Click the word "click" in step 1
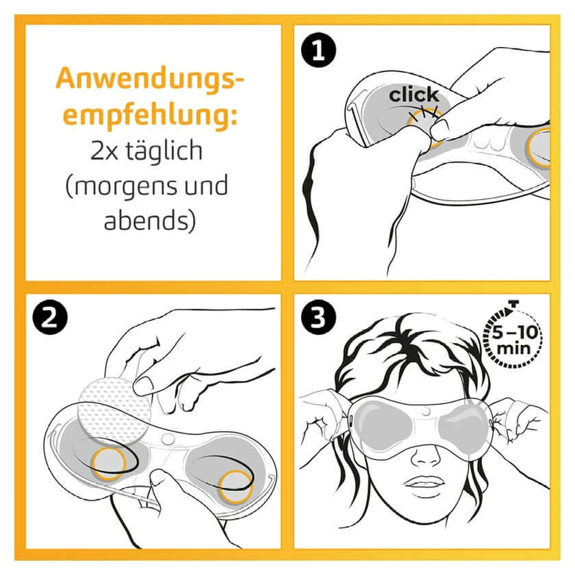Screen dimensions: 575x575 [413, 95]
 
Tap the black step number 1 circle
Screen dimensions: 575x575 [319, 50]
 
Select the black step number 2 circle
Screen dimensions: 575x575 [50, 317]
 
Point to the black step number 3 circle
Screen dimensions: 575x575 [319, 317]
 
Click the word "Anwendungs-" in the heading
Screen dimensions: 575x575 [149, 78]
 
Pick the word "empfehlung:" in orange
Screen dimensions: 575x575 [150, 114]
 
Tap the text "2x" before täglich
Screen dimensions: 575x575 [104, 151]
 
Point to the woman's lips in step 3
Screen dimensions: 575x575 [425, 484]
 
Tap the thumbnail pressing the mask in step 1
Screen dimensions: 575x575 [439, 128]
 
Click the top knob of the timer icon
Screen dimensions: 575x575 [513, 304]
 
